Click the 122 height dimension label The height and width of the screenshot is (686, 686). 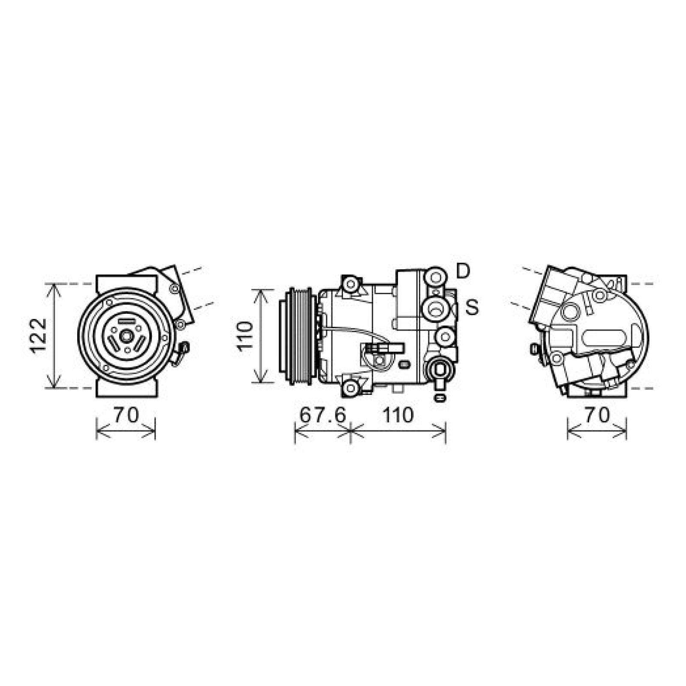(x=39, y=336)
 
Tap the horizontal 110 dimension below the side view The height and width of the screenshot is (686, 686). (x=398, y=415)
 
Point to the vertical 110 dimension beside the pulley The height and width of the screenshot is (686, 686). (x=245, y=336)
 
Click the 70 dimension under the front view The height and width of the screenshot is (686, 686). (x=126, y=415)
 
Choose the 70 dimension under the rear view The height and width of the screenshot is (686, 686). (x=597, y=415)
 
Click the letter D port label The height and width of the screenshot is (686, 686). (x=463, y=271)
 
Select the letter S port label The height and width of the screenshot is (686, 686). (x=472, y=307)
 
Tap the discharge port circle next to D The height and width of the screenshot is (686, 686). (x=436, y=277)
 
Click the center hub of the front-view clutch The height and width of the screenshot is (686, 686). (x=126, y=336)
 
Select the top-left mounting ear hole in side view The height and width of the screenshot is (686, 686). (x=351, y=284)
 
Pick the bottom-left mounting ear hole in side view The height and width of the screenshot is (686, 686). (x=351, y=388)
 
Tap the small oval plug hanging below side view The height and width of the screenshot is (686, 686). (x=439, y=398)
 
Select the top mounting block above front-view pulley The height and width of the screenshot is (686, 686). (x=126, y=283)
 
